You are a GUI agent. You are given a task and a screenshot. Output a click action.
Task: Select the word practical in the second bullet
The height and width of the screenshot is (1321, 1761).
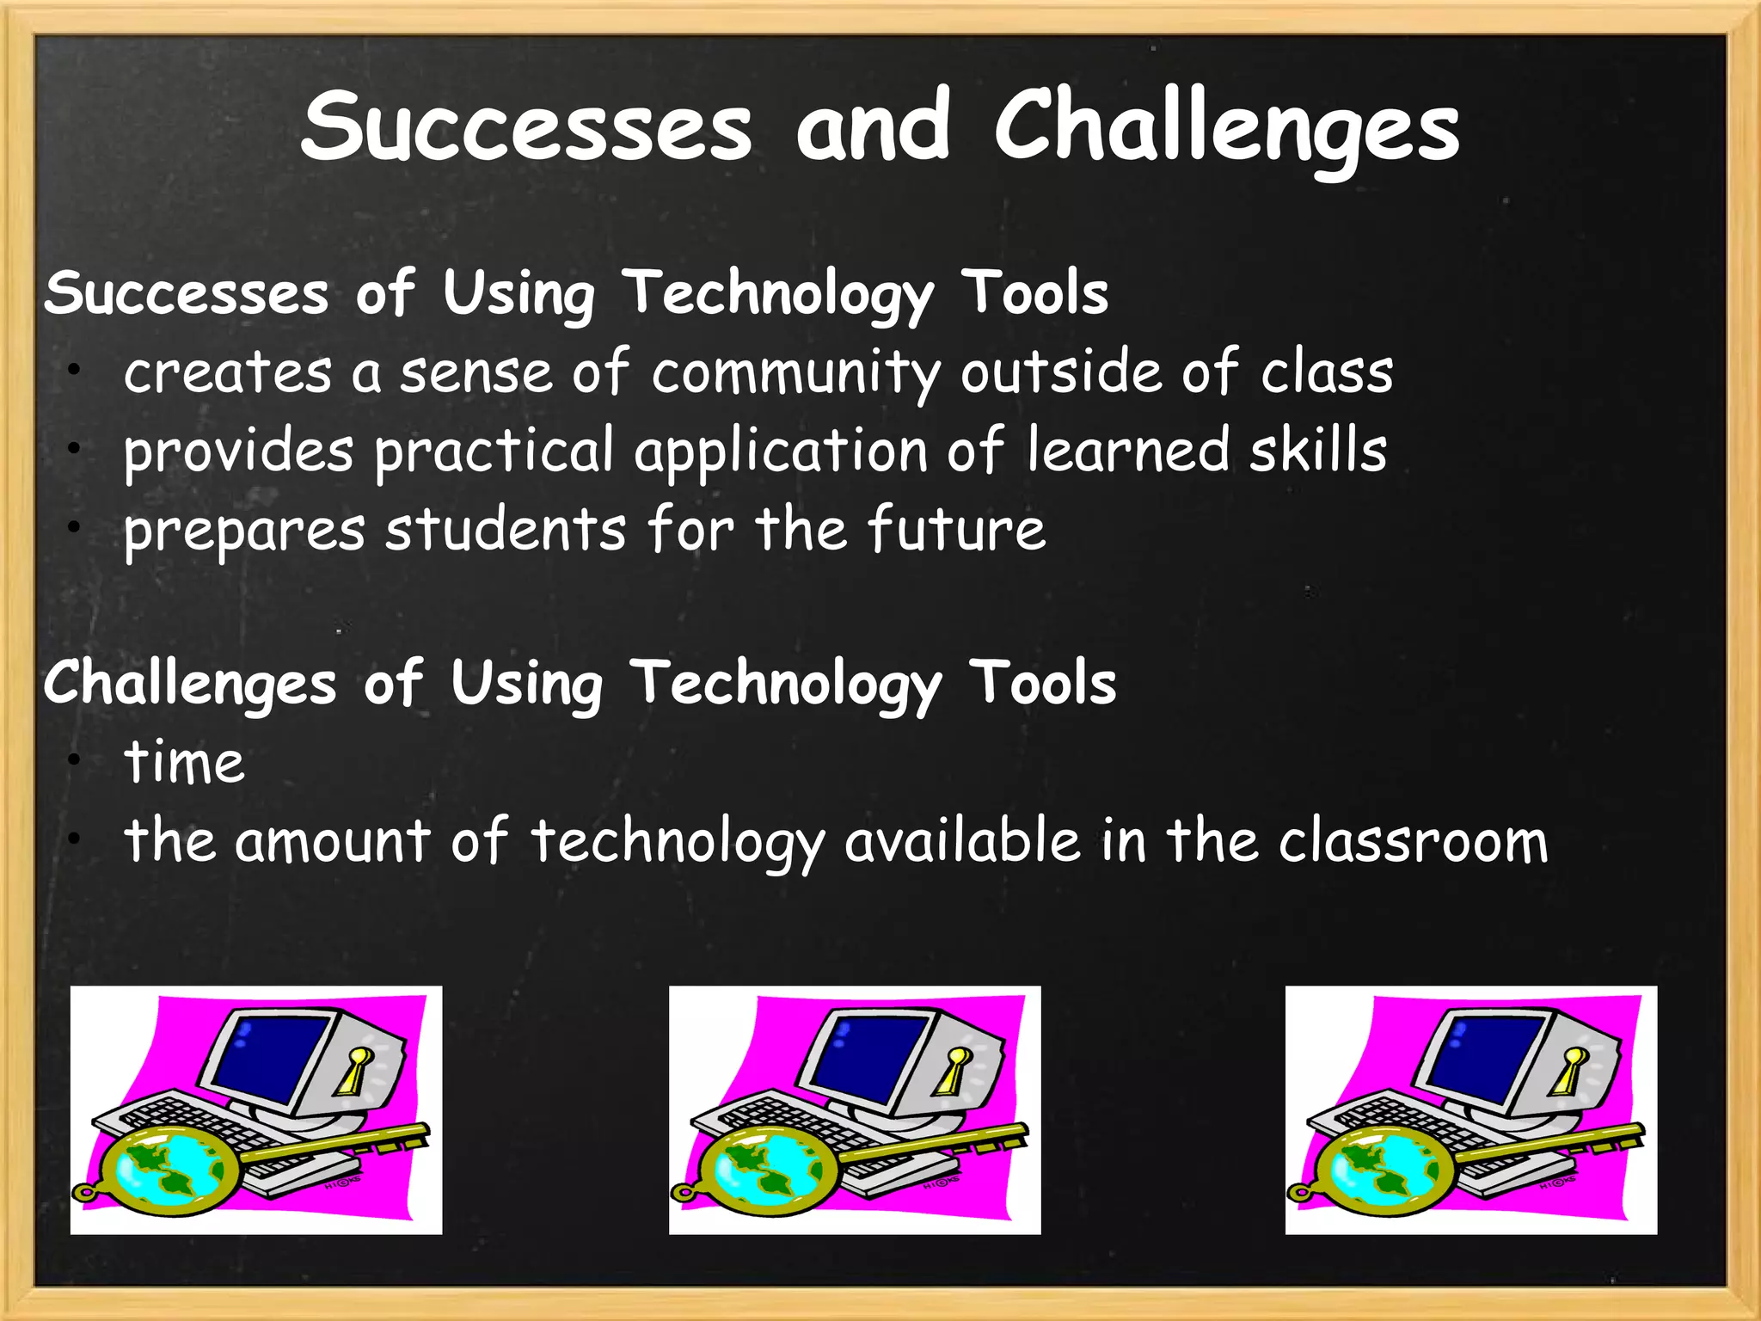point(494,452)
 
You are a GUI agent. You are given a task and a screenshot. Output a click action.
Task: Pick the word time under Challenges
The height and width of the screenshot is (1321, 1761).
point(184,763)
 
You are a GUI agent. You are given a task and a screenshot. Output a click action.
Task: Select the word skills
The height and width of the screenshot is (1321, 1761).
point(1317,451)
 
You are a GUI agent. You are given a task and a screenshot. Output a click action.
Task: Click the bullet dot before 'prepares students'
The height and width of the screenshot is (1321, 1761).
point(76,525)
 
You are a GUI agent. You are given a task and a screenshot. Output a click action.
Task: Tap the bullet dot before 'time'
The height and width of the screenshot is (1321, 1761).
point(76,759)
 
